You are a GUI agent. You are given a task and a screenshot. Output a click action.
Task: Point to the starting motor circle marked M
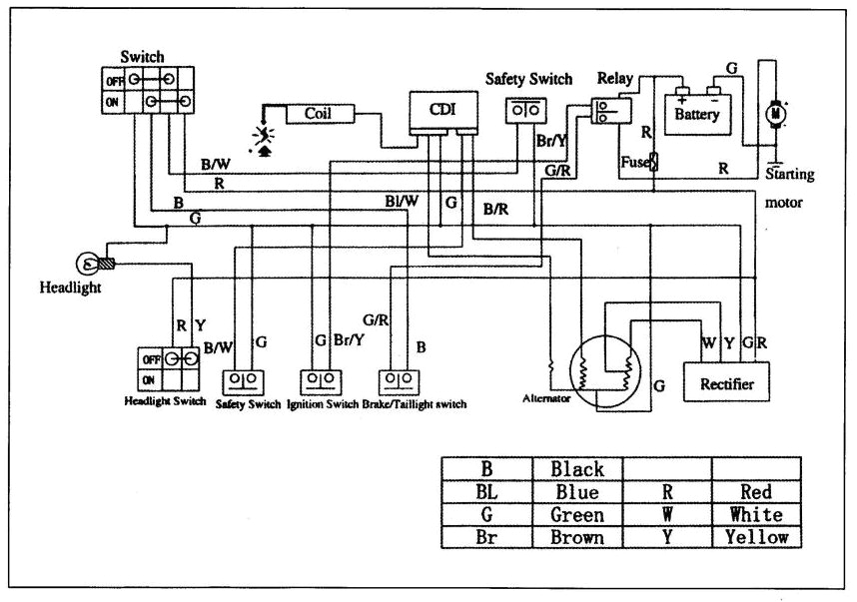tap(774, 116)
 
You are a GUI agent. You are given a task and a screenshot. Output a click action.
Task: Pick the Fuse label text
tap(633, 160)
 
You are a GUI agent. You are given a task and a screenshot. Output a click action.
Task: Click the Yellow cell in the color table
tap(756, 537)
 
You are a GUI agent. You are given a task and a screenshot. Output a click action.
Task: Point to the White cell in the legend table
tap(756, 514)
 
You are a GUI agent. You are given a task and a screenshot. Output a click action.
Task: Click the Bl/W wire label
tap(403, 201)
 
